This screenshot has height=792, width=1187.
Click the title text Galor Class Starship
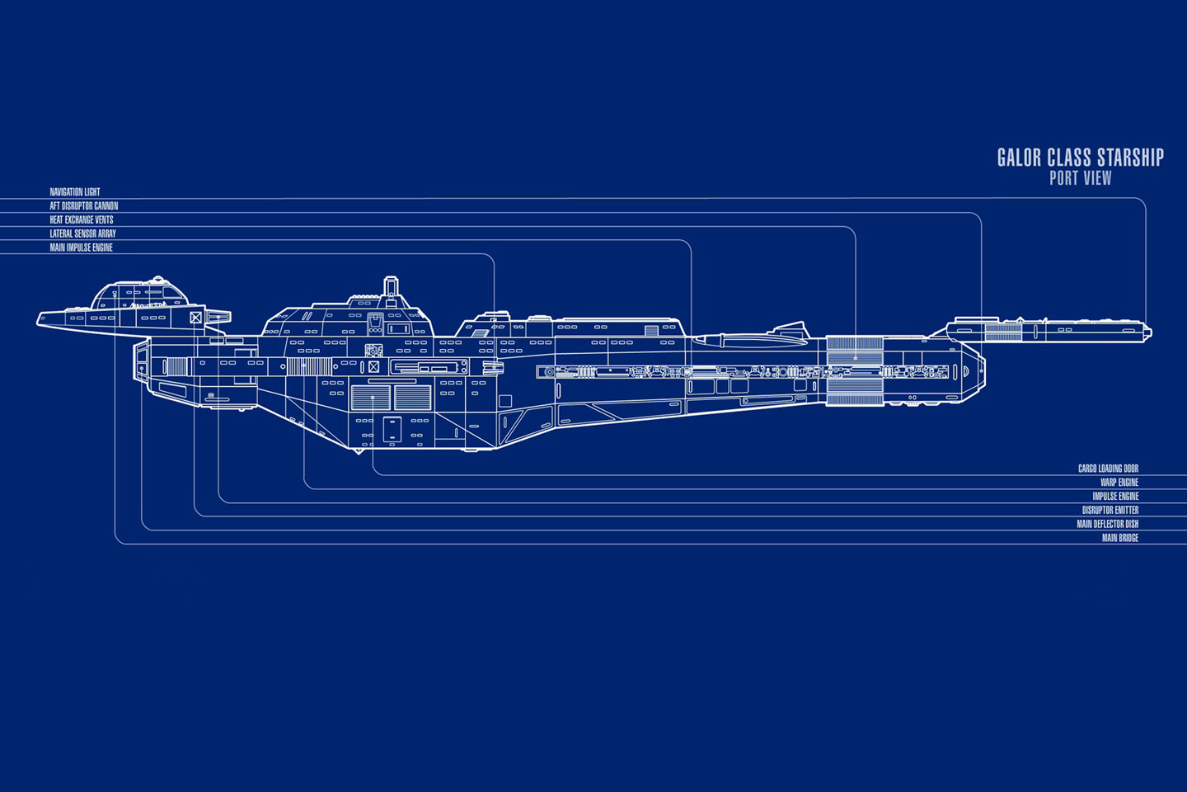pyautogui.click(x=1080, y=158)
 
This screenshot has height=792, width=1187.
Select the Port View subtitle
pyautogui.click(x=1081, y=178)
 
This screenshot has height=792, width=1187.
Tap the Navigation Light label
pyautogui.click(x=75, y=192)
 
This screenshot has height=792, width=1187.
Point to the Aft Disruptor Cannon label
pyautogui.click(x=84, y=205)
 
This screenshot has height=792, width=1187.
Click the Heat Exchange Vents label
pyautogui.click(x=82, y=219)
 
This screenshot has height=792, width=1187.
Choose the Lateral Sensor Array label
pyautogui.click(x=82, y=233)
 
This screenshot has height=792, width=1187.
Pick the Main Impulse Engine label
pyautogui.click(x=81, y=247)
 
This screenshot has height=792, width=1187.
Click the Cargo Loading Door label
pyautogui.click(x=1108, y=469)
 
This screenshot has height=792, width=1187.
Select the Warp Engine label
pyautogui.click(x=1119, y=482)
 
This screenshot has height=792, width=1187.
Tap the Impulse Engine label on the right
pyautogui.click(x=1115, y=496)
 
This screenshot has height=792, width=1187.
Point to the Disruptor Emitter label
pyautogui.click(x=1110, y=510)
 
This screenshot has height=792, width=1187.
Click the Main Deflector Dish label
pyautogui.click(x=1108, y=524)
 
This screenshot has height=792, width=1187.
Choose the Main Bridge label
pyautogui.click(x=1120, y=537)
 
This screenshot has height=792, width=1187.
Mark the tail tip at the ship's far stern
pyautogui.click(x=1150, y=333)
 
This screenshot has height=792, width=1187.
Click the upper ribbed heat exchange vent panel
pyautogui.click(x=855, y=350)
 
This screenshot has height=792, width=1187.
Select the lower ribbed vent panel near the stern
pyautogui.click(x=855, y=392)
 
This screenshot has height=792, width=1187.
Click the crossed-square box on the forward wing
pyautogui.click(x=195, y=318)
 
